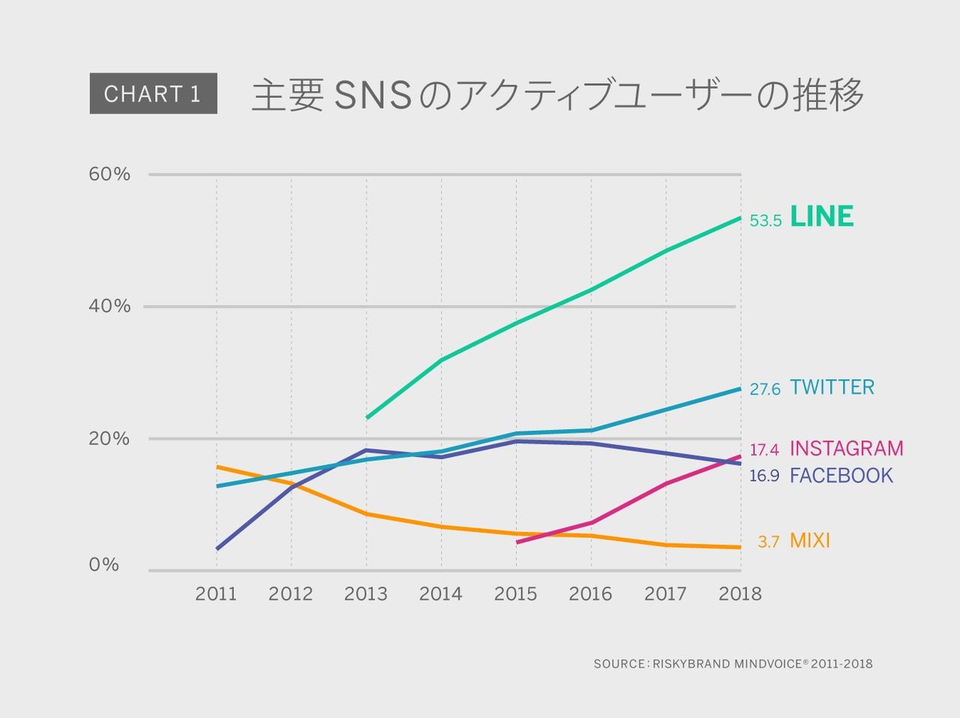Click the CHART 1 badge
pos(153,94)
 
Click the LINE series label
pos(822,218)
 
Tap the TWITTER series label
pos(832,388)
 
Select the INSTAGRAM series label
pos(846,449)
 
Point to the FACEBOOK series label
pos(841,476)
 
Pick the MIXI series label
pos(809,541)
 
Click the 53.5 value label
pos(766,221)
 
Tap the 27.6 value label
pos(765,389)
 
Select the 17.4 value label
pos(764,450)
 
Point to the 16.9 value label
pos(764,476)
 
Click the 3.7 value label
pos(768,542)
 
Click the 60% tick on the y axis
pos(109,175)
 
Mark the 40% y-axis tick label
pos(109,306)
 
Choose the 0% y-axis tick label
pos(104,565)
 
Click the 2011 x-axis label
pos(216,594)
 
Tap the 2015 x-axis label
pos(515,594)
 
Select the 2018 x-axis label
pos(739,594)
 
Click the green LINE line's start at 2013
pos(367,418)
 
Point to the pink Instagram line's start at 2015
pos(517,542)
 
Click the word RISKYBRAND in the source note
pos(690,664)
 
